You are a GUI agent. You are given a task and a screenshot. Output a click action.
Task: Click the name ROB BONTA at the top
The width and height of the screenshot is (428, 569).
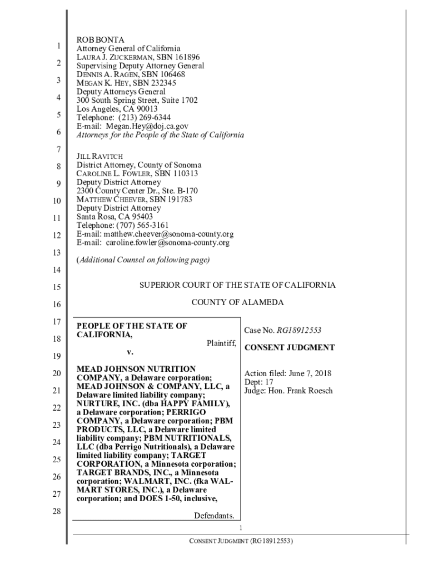click(101, 40)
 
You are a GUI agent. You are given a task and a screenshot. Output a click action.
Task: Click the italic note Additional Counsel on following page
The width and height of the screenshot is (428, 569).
click(143, 259)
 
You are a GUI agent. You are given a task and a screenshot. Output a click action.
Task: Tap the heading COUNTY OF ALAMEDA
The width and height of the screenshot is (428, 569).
click(237, 303)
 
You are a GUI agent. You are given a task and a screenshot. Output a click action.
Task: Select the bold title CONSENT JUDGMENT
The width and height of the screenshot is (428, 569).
click(290, 348)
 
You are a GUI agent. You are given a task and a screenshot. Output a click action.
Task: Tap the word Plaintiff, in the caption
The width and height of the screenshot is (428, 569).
click(221, 343)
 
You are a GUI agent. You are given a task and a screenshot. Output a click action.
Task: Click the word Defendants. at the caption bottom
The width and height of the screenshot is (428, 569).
click(213, 516)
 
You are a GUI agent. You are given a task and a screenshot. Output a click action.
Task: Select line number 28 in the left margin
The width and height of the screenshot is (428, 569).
click(56, 511)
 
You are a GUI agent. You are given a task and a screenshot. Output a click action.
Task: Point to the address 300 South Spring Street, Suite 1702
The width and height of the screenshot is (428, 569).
click(137, 100)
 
